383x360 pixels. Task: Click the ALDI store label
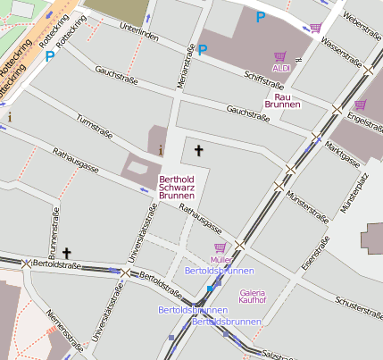click(x=282, y=68)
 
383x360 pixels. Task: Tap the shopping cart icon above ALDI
click(x=282, y=55)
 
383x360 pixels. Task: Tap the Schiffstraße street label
click(x=264, y=81)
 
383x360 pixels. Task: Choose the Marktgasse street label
click(x=343, y=151)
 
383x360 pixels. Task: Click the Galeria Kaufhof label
click(x=253, y=297)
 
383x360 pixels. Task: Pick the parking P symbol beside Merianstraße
click(x=203, y=50)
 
